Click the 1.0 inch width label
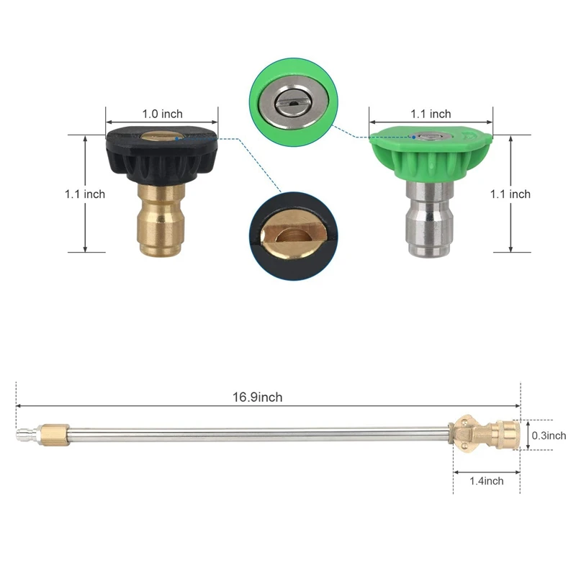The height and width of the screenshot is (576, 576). pyautogui.click(x=163, y=114)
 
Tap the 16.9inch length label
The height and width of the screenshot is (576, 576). pyautogui.click(x=258, y=397)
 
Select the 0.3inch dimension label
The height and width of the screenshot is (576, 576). pyautogui.click(x=549, y=436)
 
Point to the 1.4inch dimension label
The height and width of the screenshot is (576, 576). pyautogui.click(x=487, y=481)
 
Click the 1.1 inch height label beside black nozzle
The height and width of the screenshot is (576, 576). pyautogui.click(x=85, y=194)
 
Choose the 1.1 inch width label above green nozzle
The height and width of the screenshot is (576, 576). pyautogui.click(x=431, y=114)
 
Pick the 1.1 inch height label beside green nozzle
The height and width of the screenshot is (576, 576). pyautogui.click(x=510, y=194)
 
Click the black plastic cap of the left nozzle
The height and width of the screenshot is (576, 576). pyautogui.click(x=161, y=155)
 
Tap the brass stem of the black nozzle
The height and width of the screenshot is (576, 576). pyautogui.click(x=161, y=220)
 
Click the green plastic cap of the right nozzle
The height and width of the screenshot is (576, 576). pyautogui.click(x=431, y=153)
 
